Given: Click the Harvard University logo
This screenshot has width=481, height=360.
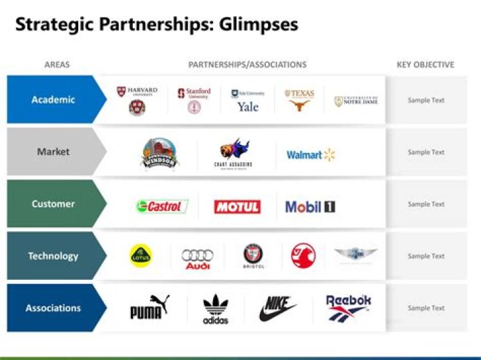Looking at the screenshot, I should [137, 100].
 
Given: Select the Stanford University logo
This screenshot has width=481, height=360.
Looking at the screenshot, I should [194, 100].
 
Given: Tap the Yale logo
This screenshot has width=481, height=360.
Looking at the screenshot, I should [248, 100].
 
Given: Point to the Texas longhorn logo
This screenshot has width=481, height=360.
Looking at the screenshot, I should [299, 100].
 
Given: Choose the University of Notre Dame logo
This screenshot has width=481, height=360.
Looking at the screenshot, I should [356, 101].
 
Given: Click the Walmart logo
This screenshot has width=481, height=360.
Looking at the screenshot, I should [311, 155].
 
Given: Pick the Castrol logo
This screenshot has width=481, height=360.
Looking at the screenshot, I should [162, 206].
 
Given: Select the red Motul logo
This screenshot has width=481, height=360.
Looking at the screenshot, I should [237, 206].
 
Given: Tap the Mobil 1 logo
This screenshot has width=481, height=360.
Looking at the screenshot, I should [310, 206].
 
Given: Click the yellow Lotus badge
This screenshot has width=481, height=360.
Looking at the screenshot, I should [141, 255].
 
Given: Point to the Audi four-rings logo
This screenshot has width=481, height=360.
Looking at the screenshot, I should [197, 258].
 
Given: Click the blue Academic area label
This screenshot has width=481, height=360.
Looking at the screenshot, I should [53, 100].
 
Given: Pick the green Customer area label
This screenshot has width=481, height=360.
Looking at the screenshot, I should [53, 204].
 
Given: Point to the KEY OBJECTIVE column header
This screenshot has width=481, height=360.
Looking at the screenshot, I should [425, 65].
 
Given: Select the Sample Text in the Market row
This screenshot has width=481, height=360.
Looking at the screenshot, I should [426, 152].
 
